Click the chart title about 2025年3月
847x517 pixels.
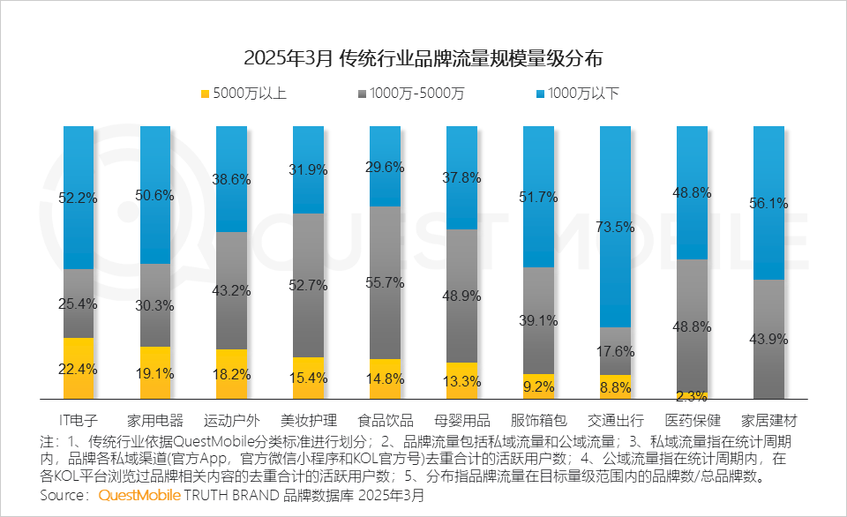[x=423, y=58]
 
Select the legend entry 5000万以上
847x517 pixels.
[x=244, y=93]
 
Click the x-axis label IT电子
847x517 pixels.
[x=78, y=419]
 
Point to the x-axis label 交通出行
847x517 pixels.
[x=615, y=419]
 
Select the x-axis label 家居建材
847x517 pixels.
[x=768, y=419]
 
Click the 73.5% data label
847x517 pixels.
[x=615, y=227]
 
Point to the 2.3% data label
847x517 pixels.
[x=692, y=397]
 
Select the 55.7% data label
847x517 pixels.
[x=385, y=283]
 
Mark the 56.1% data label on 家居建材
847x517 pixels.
[x=768, y=203]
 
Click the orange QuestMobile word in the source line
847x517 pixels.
[x=139, y=496]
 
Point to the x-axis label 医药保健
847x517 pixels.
[x=692, y=419]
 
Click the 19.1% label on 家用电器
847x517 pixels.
[x=155, y=373]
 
